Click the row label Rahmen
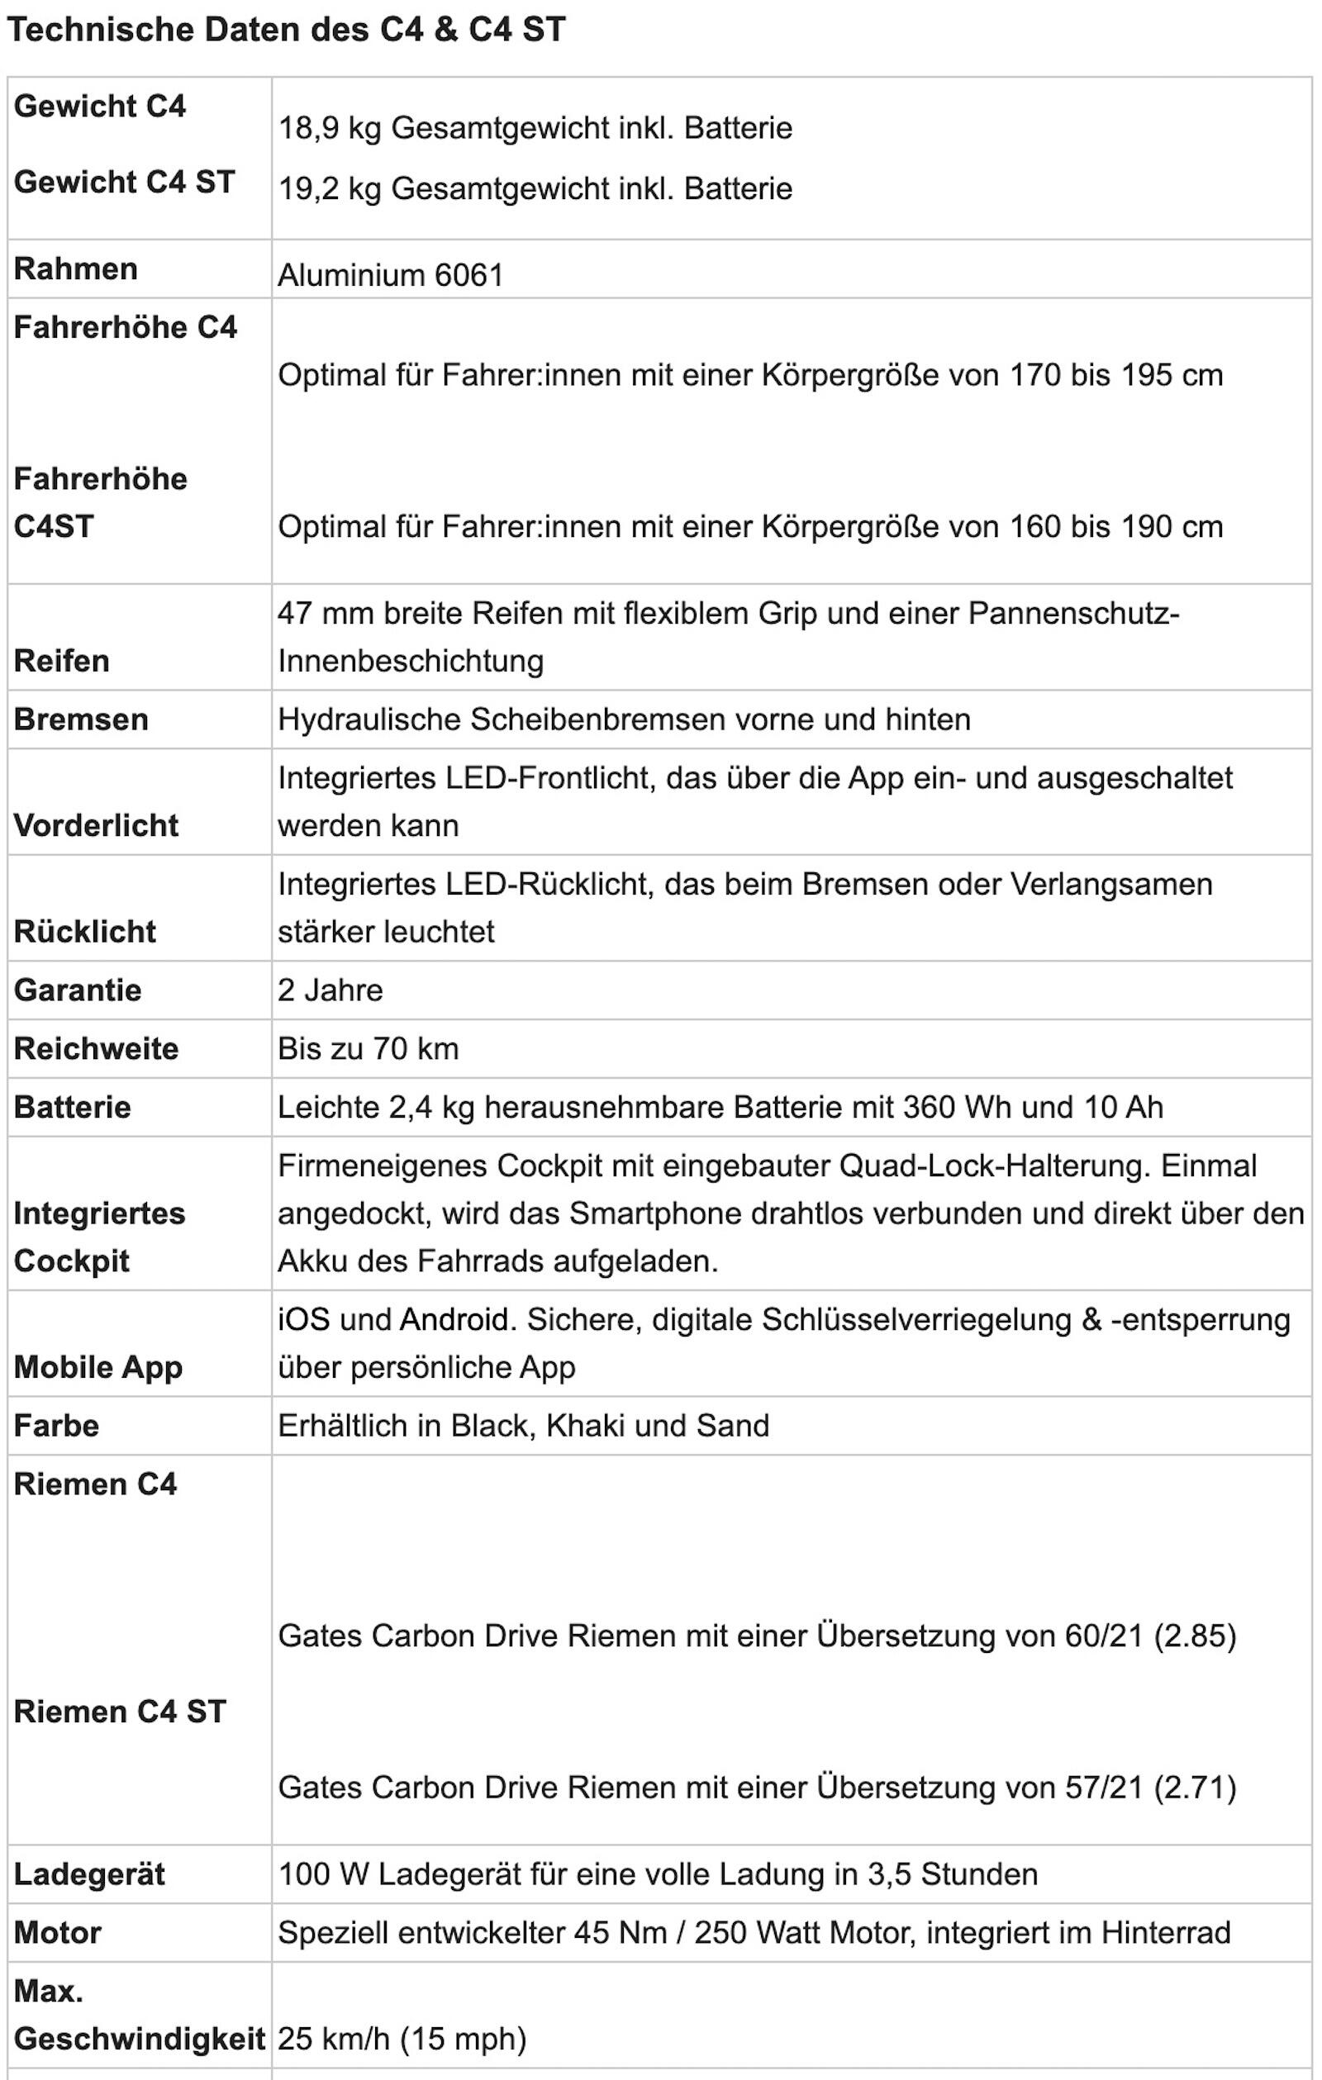click(76, 268)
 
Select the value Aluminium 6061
click(391, 276)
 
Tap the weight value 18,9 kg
click(329, 128)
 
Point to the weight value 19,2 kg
click(329, 188)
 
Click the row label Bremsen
click(81, 719)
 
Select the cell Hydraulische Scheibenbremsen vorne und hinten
click(624, 719)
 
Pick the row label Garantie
click(78, 990)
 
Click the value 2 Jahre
click(330, 990)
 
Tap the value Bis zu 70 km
click(368, 1048)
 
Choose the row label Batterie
click(73, 1108)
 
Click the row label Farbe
click(57, 1426)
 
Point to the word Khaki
click(586, 1426)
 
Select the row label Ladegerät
click(89, 1874)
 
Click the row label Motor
click(58, 1932)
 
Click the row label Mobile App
click(98, 1367)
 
